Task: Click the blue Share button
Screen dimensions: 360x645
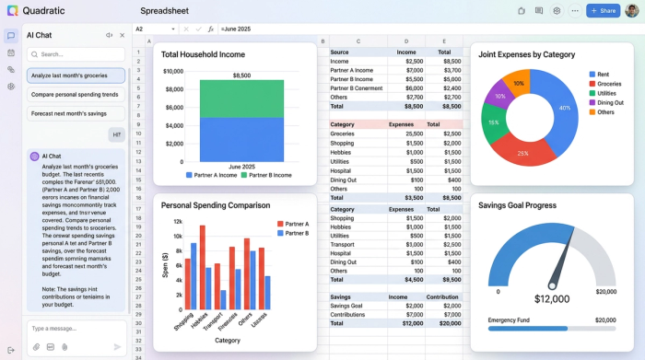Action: tap(604, 11)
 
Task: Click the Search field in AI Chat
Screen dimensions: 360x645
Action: tap(76, 54)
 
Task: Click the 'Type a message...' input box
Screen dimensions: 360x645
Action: tap(69, 328)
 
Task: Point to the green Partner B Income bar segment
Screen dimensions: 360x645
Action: tap(241, 98)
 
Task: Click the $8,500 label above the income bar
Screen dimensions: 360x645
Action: tap(241, 75)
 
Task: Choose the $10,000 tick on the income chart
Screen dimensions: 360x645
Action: tap(173, 71)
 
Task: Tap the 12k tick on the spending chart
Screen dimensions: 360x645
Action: tap(177, 222)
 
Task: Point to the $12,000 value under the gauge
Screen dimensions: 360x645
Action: tap(552, 299)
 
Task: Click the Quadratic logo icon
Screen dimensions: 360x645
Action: tap(12, 11)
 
